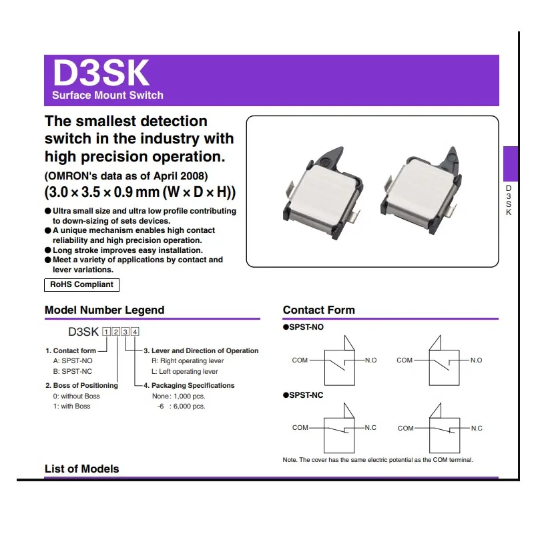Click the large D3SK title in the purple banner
point(101,73)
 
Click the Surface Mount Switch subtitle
point(107,95)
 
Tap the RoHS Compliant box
point(81,285)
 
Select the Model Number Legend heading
point(105,310)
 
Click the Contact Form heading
point(319,310)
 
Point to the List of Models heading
point(81,469)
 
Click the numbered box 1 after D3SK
point(107,332)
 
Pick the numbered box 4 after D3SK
point(136,332)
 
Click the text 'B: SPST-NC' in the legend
point(73,371)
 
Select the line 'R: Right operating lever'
point(188,360)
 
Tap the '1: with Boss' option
point(71,406)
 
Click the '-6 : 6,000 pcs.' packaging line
point(181,406)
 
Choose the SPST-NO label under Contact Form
point(303,327)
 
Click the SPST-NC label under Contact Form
point(303,395)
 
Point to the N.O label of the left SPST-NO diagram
point(371,360)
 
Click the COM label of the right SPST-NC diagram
point(406,428)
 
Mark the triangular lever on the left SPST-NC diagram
point(348,411)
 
